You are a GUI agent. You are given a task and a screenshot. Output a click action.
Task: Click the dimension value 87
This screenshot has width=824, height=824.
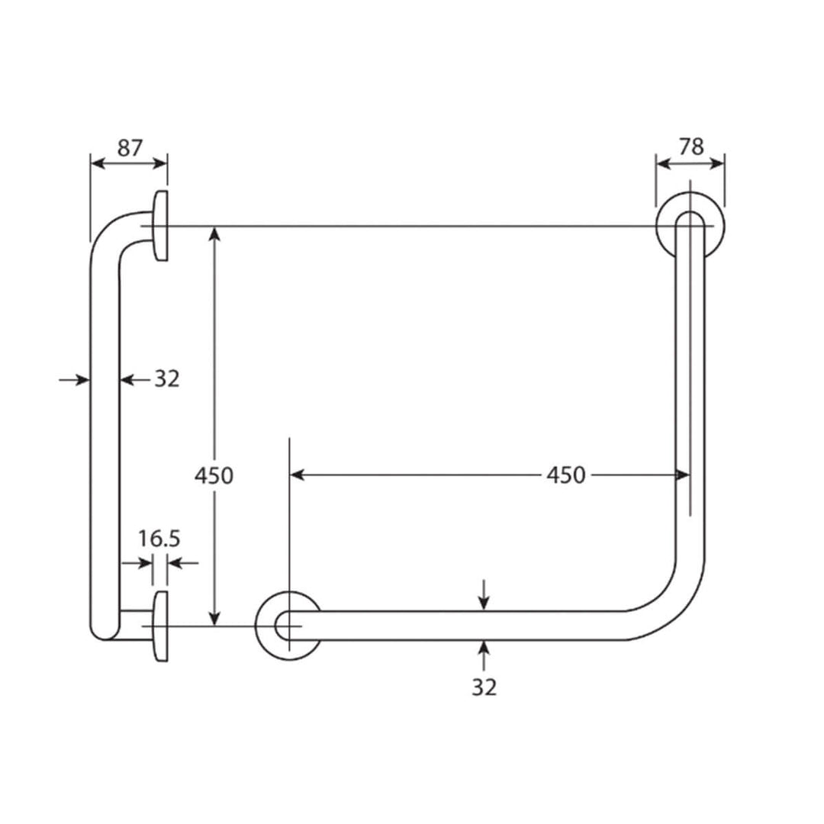click(x=129, y=147)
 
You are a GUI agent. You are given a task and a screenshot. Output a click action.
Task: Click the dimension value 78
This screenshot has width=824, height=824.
click(x=690, y=146)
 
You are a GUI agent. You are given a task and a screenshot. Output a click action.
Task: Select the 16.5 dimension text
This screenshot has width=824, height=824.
click(x=159, y=539)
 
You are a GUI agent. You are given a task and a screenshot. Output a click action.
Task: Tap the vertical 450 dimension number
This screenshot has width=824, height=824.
click(x=214, y=475)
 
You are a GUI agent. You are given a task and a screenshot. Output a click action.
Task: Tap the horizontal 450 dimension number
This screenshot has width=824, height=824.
click(x=565, y=475)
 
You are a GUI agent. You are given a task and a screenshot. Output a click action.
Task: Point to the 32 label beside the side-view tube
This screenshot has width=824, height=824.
click(x=166, y=378)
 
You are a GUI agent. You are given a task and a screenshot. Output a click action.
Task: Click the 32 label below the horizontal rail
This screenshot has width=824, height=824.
click(x=484, y=687)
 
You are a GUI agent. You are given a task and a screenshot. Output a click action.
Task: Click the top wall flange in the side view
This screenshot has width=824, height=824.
click(x=160, y=226)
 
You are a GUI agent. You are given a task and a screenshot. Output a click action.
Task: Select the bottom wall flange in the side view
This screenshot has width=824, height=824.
click(x=160, y=626)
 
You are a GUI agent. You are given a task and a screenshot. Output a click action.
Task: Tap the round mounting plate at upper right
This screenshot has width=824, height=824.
click(x=690, y=227)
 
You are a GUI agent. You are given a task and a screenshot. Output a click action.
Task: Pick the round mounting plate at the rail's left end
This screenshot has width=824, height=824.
click(x=288, y=626)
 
